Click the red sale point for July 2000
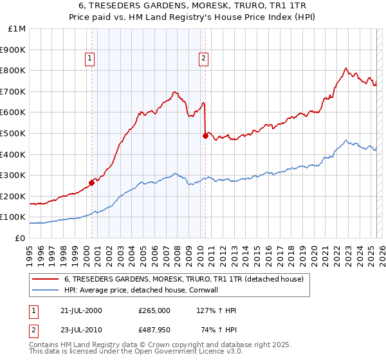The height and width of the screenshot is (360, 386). (92, 183)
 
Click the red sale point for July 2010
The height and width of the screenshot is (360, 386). (205, 136)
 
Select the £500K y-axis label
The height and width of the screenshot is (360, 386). (14, 134)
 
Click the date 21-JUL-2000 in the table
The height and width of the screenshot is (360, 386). (80, 310)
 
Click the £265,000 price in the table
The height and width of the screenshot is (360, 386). (154, 310)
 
